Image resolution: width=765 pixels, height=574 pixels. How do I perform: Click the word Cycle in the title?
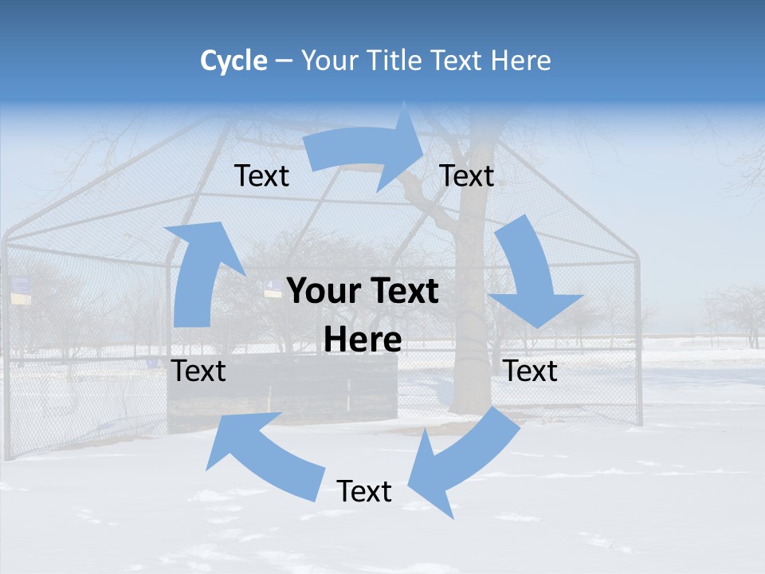233,61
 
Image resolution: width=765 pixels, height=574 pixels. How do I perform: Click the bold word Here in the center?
363,340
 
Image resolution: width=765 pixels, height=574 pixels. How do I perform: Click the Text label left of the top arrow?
261,175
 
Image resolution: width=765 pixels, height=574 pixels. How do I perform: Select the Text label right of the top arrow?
467,175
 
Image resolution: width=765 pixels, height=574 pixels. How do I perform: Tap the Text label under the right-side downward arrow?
530,371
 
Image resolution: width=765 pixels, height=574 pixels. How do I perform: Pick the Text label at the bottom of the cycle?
364,491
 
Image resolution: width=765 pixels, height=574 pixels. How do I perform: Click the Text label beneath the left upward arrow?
198,371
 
